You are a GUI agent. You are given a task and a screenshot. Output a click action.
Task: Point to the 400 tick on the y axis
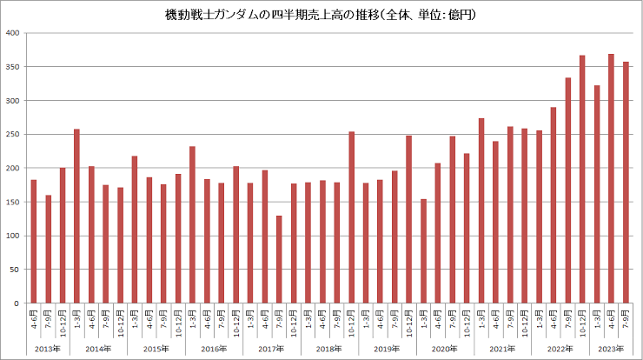coord(13,33)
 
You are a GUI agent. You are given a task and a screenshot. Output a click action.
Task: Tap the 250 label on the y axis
coord(13,134)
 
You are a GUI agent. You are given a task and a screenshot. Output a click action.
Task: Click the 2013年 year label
coord(48,349)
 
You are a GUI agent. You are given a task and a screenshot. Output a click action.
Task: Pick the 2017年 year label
coord(272,349)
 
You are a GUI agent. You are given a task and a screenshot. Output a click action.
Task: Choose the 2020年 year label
coord(445,349)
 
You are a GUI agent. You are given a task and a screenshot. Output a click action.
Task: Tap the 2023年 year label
coord(611,349)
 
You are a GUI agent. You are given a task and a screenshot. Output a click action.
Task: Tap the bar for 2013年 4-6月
coord(33,241)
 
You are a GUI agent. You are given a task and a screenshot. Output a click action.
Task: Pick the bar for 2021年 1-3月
coord(481,210)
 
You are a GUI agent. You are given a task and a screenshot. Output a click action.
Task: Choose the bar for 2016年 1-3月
coord(192,224)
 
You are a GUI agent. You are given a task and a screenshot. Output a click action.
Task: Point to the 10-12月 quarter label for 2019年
coord(409,323)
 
